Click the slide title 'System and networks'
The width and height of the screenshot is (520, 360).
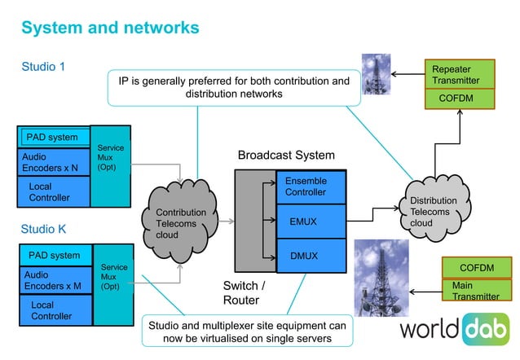[x=110, y=27]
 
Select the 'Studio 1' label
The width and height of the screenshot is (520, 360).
[x=43, y=66]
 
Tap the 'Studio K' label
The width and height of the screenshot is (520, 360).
[x=43, y=229]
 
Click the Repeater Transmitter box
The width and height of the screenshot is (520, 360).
[x=461, y=75]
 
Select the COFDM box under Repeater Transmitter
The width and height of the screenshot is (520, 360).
[x=461, y=99]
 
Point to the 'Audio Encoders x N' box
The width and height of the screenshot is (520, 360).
[x=52, y=161]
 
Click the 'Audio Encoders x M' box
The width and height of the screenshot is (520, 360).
[x=52, y=280]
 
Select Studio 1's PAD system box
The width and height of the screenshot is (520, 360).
[x=52, y=137]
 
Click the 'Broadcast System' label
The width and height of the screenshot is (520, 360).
[x=285, y=155]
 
